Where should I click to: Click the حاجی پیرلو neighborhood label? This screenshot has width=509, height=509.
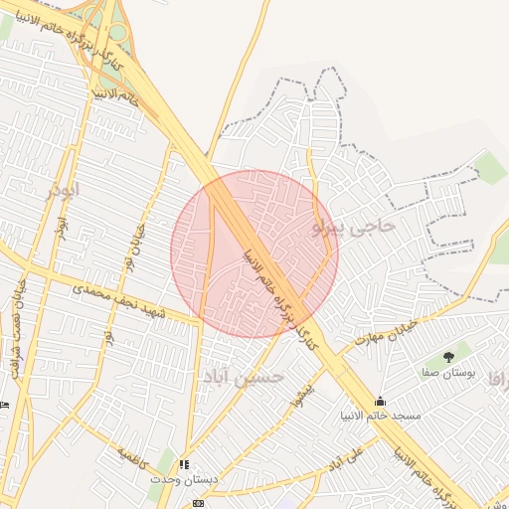tap(354, 228)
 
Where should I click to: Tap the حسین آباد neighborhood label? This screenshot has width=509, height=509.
tap(244, 377)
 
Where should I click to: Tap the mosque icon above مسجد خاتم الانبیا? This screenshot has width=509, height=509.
tap(380, 402)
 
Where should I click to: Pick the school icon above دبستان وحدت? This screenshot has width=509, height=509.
tap(183, 464)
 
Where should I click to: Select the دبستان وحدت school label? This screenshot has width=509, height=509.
tap(183, 479)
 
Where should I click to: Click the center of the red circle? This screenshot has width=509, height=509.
tap(254, 254)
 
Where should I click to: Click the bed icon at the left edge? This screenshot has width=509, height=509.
tap(4, 405)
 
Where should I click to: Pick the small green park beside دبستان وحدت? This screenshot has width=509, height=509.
tap(164, 462)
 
